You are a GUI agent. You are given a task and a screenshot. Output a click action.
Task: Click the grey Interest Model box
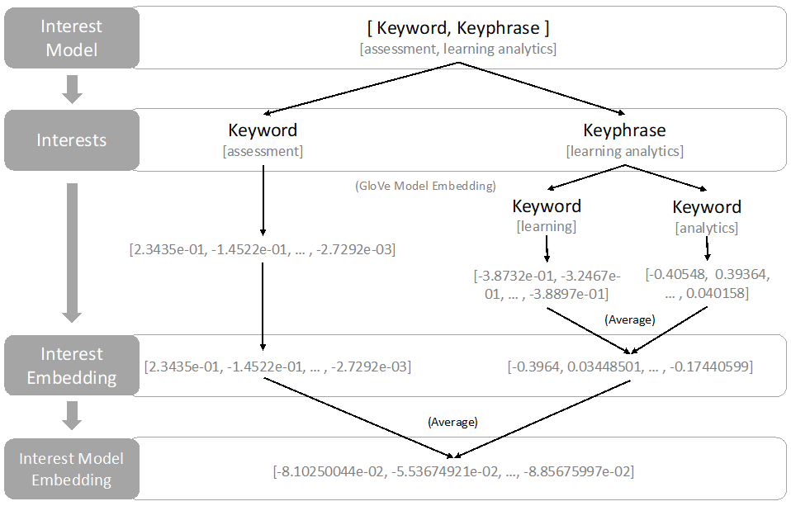pos(71,38)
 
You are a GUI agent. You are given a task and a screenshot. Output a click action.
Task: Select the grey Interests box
pos(71,140)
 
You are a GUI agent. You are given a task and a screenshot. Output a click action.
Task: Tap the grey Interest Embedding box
pos(71,366)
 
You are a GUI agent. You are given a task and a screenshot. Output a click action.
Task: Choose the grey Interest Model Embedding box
pos(71,469)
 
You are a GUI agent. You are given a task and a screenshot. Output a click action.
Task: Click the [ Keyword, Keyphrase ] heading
pos(458,28)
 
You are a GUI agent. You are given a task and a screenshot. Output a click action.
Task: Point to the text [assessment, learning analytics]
pos(458,50)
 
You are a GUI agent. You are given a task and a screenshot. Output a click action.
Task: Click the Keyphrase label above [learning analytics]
pos(624,130)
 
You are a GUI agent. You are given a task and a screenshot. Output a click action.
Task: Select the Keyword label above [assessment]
pos(263,130)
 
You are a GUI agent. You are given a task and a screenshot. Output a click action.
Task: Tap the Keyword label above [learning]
pos(547,206)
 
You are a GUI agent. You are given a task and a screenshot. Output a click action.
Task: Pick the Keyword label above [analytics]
pos(707,206)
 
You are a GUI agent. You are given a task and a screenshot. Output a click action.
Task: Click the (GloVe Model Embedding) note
pos(425,186)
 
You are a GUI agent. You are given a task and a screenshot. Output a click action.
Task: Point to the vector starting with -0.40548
pos(708,283)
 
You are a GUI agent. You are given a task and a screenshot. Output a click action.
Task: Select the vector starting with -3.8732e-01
pos(547,283)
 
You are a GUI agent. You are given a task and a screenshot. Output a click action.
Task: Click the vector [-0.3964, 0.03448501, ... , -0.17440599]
pos(629,366)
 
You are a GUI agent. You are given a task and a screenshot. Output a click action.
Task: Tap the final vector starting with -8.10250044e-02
pos(453,471)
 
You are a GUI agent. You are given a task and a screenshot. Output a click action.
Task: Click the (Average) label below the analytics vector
pos(630,319)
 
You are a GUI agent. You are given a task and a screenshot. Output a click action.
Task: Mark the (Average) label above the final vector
pos(452,422)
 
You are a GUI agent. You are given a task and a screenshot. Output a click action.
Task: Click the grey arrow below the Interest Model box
pos(73,88)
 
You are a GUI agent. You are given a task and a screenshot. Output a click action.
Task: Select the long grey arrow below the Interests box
pos(73,252)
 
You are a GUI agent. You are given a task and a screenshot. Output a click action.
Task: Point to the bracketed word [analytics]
pos(707,227)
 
